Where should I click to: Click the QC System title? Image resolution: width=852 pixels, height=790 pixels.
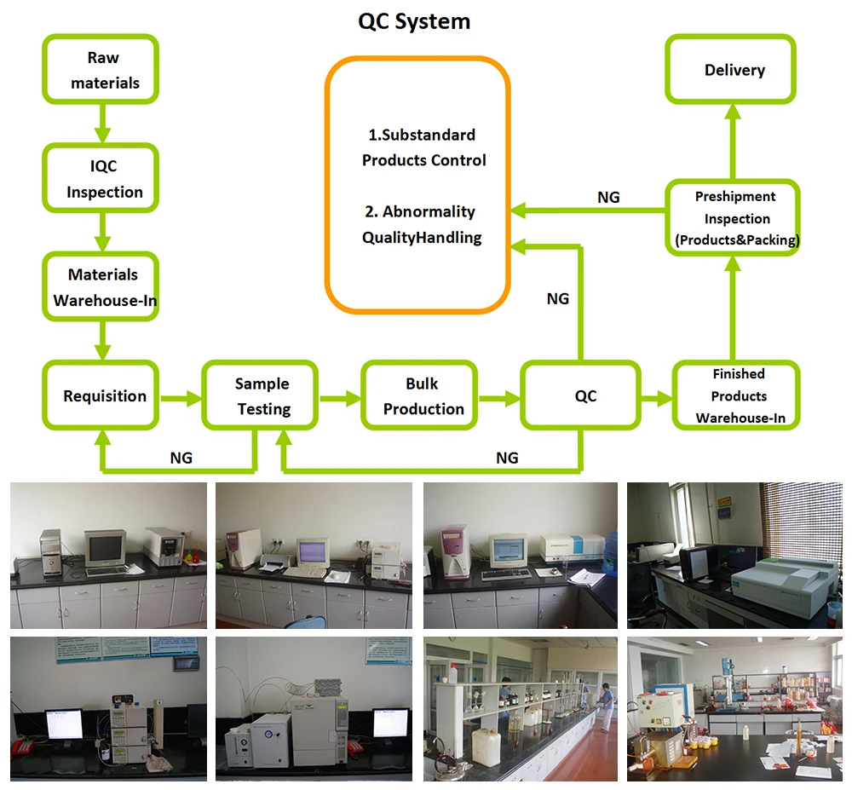click(414, 21)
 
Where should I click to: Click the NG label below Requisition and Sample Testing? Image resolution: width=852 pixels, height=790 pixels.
click(181, 458)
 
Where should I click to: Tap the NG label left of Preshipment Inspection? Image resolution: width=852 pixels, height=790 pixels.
click(608, 197)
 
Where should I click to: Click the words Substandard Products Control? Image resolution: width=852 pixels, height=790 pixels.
click(423, 147)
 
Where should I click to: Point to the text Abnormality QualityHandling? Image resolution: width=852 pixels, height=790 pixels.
click(422, 224)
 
